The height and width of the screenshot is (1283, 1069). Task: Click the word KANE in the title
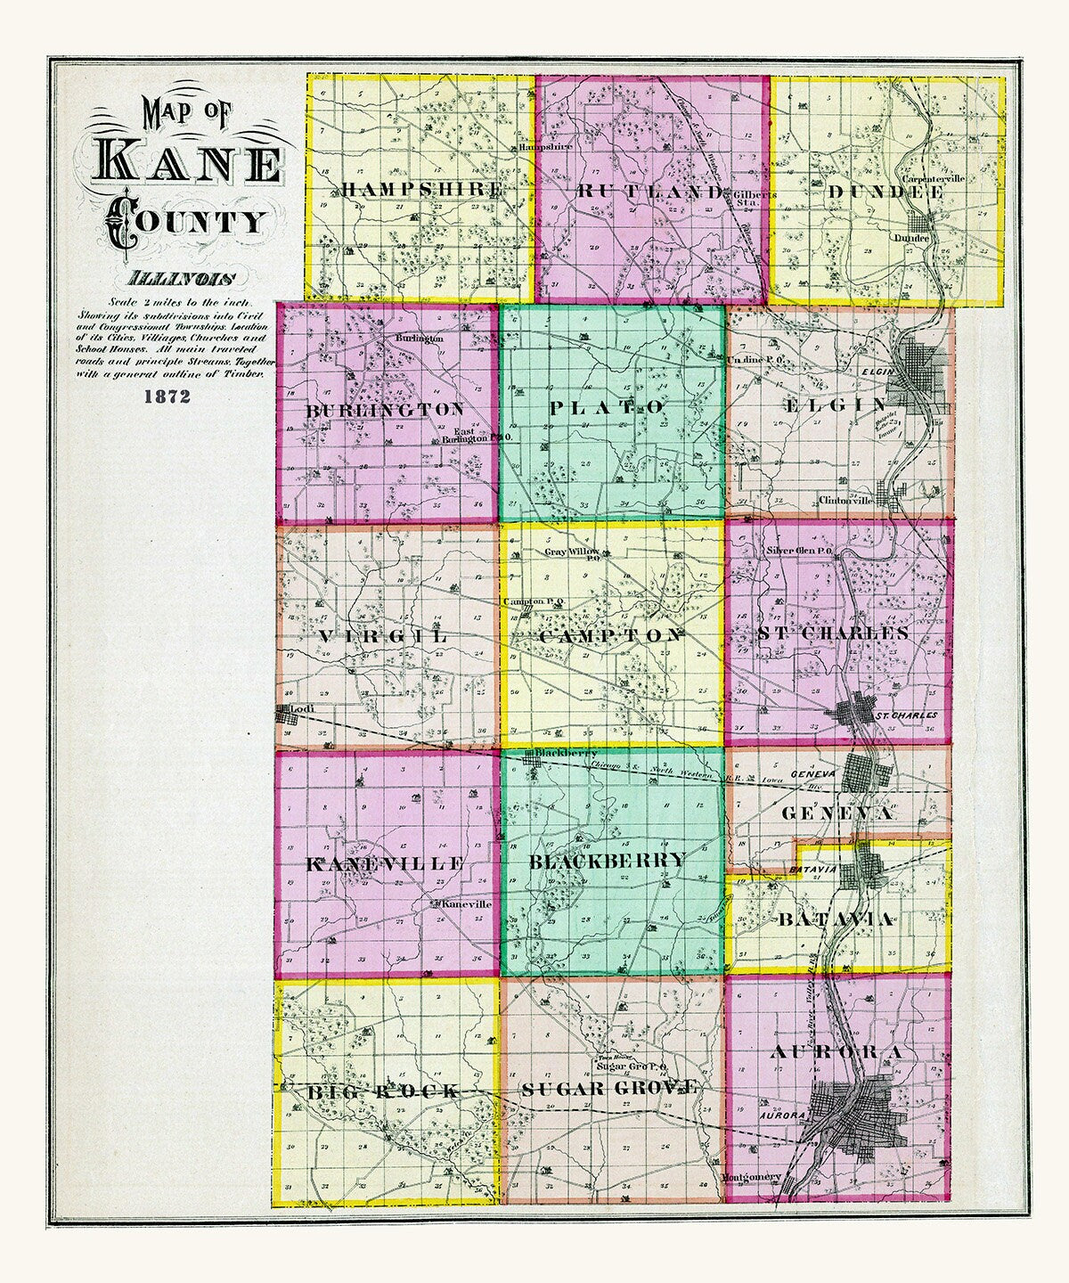[192, 161]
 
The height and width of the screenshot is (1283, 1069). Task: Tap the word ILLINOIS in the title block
[179, 278]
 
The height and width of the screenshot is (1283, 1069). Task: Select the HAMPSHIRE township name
[421, 190]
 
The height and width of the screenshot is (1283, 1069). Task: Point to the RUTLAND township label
[651, 191]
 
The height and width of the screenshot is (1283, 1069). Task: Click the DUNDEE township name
[885, 192]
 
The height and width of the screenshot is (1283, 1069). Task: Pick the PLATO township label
[607, 407]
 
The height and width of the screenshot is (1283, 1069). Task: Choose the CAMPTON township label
[610, 636]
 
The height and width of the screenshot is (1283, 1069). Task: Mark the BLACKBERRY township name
[608, 861]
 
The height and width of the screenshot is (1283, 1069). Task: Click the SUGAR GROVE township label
[609, 1088]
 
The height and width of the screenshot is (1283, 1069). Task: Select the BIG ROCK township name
[384, 1091]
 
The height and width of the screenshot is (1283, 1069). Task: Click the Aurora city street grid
[855, 1114]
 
